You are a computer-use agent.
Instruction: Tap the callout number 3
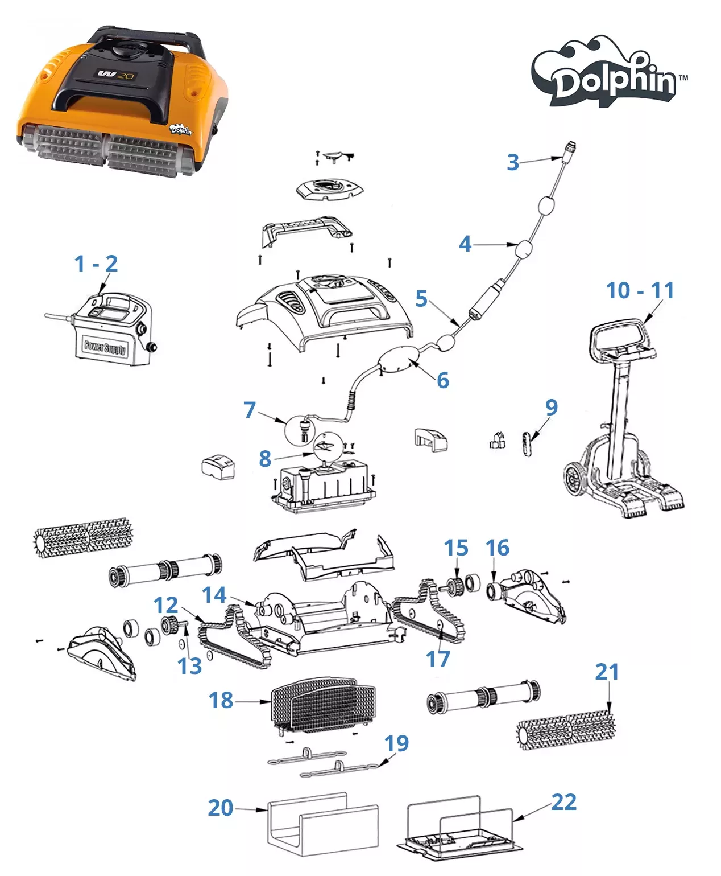(x=513, y=162)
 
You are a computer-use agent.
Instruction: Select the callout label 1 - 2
(x=96, y=264)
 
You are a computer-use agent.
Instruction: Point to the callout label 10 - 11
(x=640, y=290)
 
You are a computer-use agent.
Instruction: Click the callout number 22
(x=563, y=801)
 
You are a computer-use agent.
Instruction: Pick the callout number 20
(x=221, y=808)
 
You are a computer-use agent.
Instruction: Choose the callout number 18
(x=221, y=700)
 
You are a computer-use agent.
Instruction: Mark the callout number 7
(x=250, y=410)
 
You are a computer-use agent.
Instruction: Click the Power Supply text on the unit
(x=106, y=347)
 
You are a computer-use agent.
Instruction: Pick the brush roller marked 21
(x=566, y=730)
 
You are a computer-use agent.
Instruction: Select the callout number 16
(x=497, y=548)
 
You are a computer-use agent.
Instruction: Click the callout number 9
(x=551, y=407)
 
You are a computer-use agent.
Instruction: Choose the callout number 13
(x=189, y=666)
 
